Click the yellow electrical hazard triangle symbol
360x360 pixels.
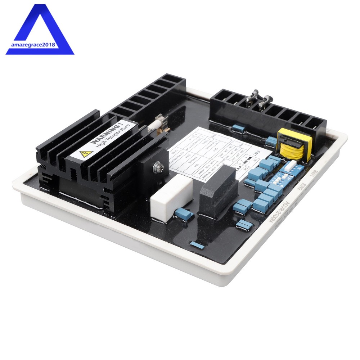coord(86,154)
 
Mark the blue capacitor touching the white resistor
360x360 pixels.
coord(184,215)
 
